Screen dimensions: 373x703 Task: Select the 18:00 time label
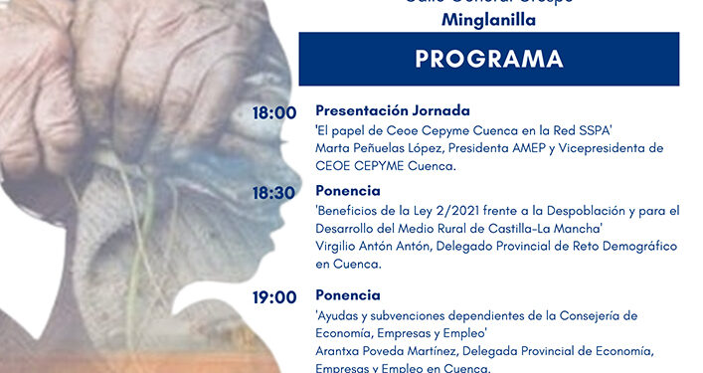pos(275,114)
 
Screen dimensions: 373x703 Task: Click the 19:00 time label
pos(275,297)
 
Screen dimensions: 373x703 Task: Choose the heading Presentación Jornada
pos(393,110)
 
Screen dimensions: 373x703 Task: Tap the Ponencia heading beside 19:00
pos(348,295)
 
